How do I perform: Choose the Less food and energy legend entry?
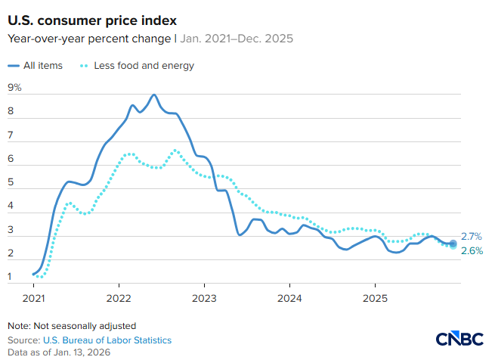[x=137, y=66]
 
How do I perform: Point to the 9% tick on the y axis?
[x=14, y=88]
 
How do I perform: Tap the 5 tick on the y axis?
[x=11, y=182]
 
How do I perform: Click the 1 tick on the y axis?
[x=11, y=276]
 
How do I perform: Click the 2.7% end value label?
[x=472, y=237]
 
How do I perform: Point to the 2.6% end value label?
[x=472, y=251]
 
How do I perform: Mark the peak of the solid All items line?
[x=154, y=95]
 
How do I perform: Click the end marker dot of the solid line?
[x=453, y=244]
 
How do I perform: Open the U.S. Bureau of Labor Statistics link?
[x=106, y=340]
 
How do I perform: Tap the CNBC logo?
[x=460, y=338]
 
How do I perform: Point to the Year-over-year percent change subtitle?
[x=94, y=37]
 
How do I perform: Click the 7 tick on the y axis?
[x=11, y=135]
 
